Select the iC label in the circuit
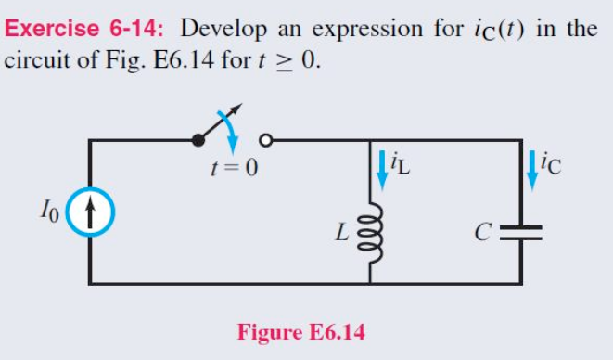(x=553, y=167)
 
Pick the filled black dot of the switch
(x=198, y=140)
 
